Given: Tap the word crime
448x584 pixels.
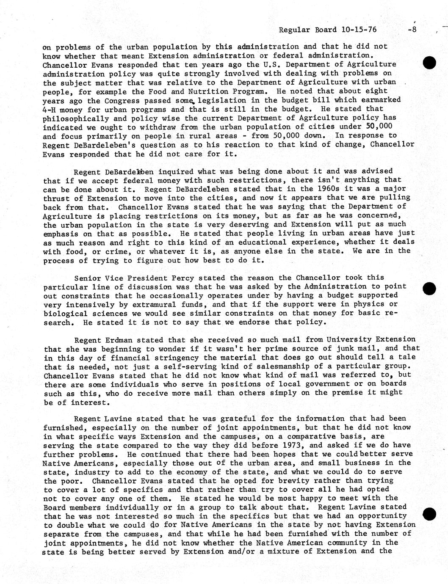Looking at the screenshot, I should [x=110, y=251].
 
